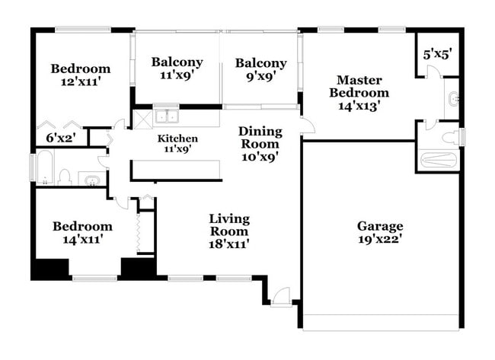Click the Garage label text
click(x=380, y=226)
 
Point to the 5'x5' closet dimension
click(x=438, y=55)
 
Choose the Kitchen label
click(x=177, y=139)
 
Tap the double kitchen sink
click(x=166, y=116)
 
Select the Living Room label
click(x=229, y=225)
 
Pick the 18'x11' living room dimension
click(x=229, y=244)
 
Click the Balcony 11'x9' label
click(x=177, y=62)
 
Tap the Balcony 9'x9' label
click(x=260, y=63)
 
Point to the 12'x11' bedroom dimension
click(x=81, y=82)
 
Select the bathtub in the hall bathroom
click(x=43, y=170)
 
